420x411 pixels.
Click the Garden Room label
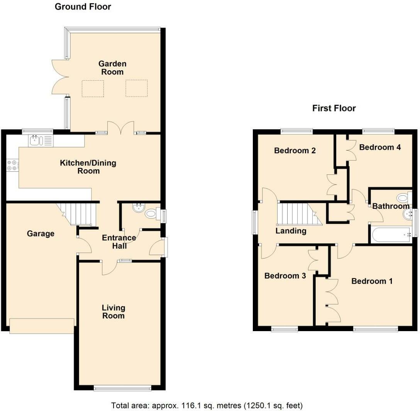tap(112, 68)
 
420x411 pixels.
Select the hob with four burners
tap(12, 165)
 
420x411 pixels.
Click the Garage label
tap(41, 233)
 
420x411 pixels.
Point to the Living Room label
tap(113, 311)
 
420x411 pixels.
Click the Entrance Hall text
tap(119, 242)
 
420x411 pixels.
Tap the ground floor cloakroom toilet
tap(152, 214)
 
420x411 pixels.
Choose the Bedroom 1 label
tap(372, 281)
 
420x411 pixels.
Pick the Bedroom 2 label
tap(295, 151)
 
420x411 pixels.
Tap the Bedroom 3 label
tap(285, 276)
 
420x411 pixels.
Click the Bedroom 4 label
tap(380, 147)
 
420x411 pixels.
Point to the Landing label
tap(291, 231)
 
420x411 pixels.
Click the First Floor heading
tap(334, 108)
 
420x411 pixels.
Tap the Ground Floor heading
tap(83, 7)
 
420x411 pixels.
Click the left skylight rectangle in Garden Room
tap(93, 88)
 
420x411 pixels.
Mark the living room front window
tap(123, 388)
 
